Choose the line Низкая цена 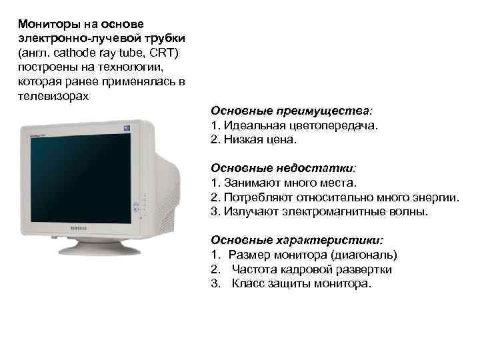point(257,140)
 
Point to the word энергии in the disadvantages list point(437,197)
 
